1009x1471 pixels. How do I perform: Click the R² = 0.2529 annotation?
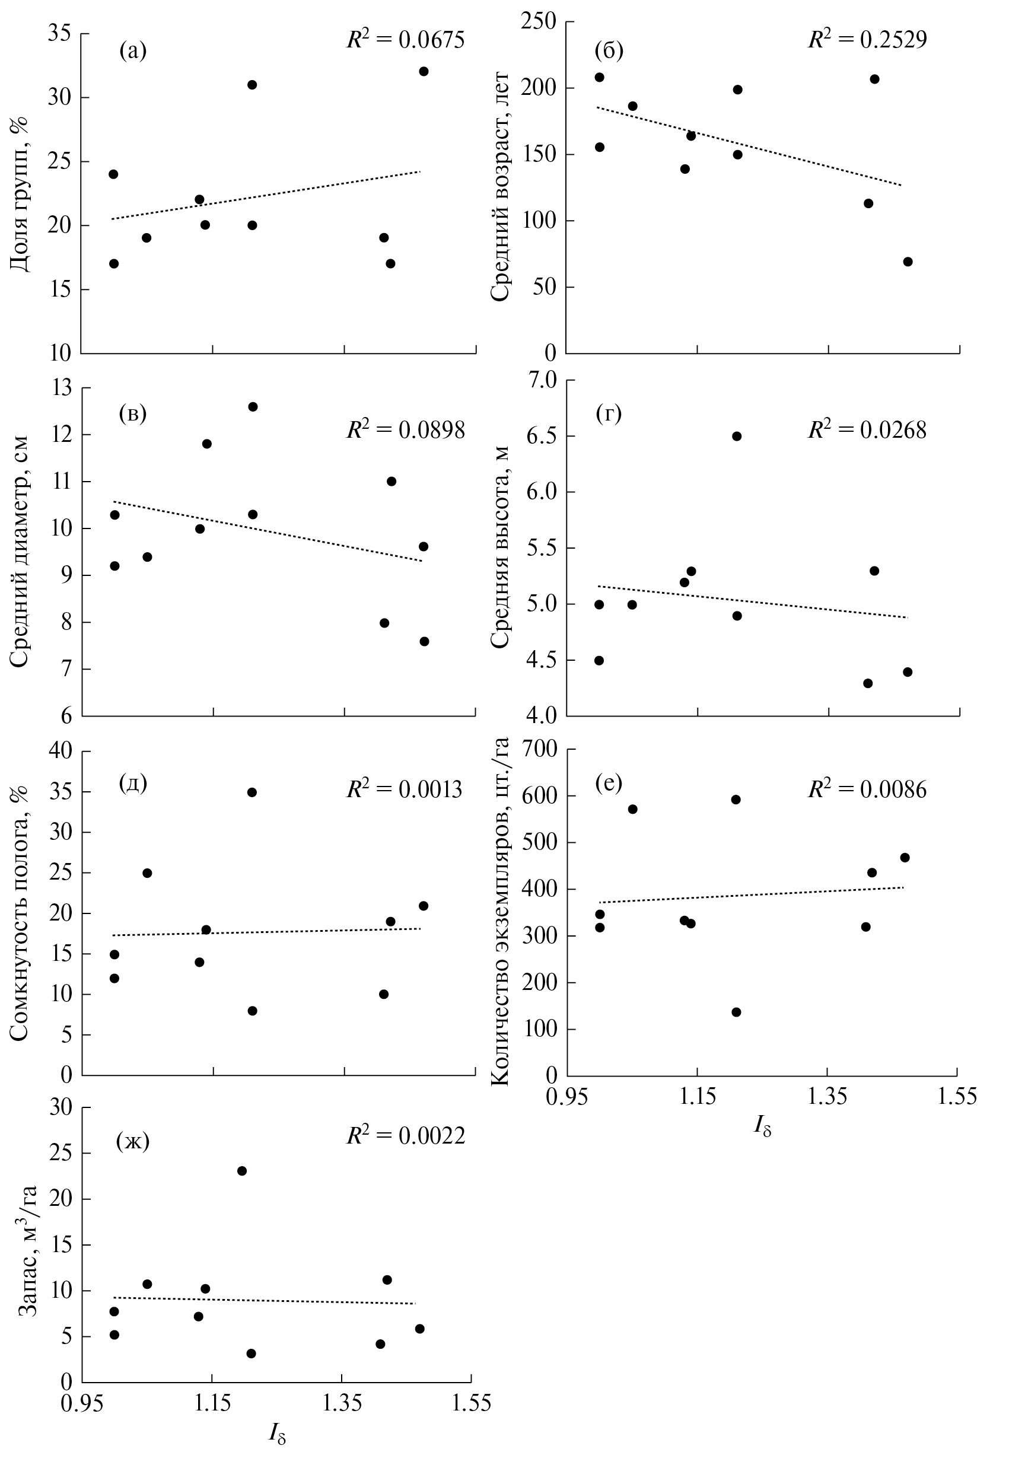click(867, 40)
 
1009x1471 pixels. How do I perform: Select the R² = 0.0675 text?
click(405, 40)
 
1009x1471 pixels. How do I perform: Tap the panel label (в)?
click(133, 414)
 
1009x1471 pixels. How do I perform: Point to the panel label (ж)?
click(133, 1142)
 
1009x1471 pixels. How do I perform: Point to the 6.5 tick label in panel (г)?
click(539, 436)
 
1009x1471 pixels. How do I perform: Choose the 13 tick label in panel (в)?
click(62, 388)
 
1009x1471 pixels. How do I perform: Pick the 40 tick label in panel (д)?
click(62, 752)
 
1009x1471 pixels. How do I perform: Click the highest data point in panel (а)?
click(424, 72)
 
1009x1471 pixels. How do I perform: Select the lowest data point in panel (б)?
click(907, 262)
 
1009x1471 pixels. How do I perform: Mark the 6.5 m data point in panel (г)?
click(736, 436)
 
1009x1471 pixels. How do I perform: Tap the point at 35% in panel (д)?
click(252, 792)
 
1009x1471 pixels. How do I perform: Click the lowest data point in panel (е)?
click(736, 1012)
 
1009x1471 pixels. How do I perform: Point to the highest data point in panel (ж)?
click(242, 1171)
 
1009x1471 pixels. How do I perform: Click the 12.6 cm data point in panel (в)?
click(253, 407)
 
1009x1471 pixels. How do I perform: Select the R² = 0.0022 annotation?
click(405, 1135)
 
